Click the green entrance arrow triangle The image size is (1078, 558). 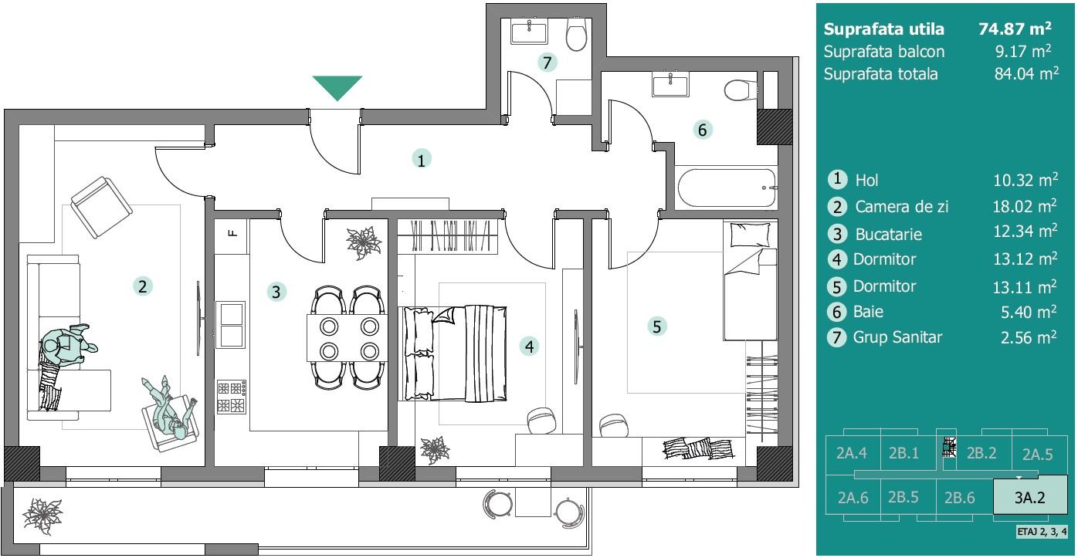[x=337, y=86]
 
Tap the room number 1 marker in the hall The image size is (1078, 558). [x=422, y=160]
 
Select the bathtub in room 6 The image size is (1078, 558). [x=726, y=188]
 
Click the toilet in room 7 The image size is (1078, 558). [x=576, y=35]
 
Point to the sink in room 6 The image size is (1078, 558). [x=670, y=85]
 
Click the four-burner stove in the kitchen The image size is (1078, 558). [x=232, y=397]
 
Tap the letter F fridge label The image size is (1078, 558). [x=232, y=233]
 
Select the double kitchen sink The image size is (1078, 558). [x=231, y=324]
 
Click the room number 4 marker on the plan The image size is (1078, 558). [x=530, y=347]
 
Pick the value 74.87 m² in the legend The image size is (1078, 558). [x=1015, y=29]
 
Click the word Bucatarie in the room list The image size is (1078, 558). [x=888, y=235]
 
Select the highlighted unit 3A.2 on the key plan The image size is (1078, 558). [x=1030, y=497]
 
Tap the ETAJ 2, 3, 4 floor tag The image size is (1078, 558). [x=1042, y=532]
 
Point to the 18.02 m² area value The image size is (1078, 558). [x=1025, y=206]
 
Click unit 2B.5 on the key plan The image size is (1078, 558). [x=903, y=497]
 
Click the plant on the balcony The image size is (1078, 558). [x=42, y=516]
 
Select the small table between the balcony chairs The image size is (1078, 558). [x=533, y=502]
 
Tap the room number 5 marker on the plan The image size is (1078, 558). [x=657, y=327]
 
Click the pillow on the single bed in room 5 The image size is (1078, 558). [x=750, y=235]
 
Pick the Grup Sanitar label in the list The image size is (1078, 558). [x=897, y=337]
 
